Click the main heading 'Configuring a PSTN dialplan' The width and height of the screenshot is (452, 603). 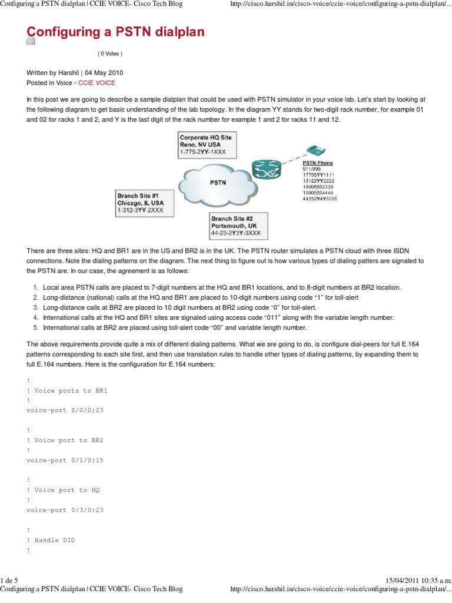click(x=115, y=32)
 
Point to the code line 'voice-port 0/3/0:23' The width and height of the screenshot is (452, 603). click(x=65, y=510)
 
